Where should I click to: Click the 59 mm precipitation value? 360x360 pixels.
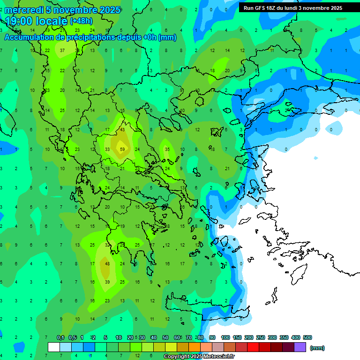(122, 150)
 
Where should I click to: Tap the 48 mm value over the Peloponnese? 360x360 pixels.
(107, 264)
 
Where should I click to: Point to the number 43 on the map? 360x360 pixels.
(122, 130)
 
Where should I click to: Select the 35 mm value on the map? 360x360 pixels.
(167, 150)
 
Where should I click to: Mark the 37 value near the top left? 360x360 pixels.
(62, 51)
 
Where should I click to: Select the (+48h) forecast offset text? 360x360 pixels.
(81, 21)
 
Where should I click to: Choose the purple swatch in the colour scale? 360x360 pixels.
(300, 347)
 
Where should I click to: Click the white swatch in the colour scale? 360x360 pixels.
(54, 347)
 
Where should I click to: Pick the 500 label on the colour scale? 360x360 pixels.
(307, 337)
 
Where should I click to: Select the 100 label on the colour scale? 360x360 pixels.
(225, 337)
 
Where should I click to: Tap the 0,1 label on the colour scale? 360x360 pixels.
(60, 337)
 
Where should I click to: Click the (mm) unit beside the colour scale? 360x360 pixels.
(317, 348)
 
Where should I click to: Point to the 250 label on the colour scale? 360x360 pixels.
(261, 337)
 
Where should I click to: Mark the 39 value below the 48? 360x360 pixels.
(107, 282)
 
